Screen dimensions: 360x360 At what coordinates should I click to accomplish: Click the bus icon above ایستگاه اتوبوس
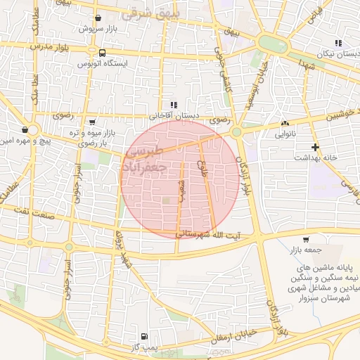(x=103, y=53)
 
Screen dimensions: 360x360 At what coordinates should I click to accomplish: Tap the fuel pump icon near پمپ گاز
(x=144, y=337)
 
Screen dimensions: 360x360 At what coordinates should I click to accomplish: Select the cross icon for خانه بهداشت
(x=315, y=147)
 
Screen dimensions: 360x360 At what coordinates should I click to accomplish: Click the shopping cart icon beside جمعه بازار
(x=305, y=240)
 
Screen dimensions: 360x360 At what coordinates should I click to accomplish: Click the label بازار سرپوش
(x=96, y=30)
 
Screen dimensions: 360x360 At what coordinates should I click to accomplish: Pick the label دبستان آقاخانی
(x=174, y=115)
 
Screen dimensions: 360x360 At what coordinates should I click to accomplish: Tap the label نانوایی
(x=285, y=131)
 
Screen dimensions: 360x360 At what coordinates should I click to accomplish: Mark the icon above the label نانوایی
(x=285, y=122)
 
